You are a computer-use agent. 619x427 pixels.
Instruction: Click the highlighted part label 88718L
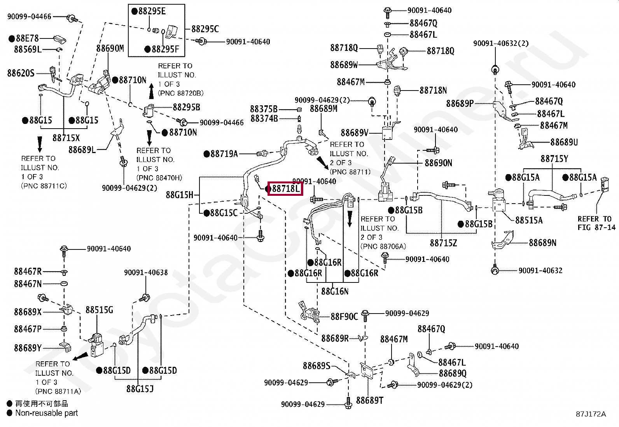point(286,189)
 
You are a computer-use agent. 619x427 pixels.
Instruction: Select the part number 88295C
point(205,29)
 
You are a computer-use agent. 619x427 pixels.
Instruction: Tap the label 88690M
point(110,49)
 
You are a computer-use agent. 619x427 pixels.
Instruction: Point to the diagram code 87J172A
point(591,414)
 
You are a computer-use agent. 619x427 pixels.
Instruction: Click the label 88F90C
point(344,317)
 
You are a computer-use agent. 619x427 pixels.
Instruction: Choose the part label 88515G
point(99,310)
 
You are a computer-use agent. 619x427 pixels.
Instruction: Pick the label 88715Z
point(444,243)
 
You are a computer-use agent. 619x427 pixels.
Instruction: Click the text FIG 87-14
point(596,228)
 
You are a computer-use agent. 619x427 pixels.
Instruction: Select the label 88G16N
point(335,291)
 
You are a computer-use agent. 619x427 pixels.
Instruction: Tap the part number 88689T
point(370,401)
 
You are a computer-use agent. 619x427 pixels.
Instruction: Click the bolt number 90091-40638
point(146,273)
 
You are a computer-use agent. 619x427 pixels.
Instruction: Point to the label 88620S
point(21,73)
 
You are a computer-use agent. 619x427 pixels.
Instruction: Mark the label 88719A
point(224,154)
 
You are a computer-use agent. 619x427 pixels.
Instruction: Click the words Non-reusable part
point(46,413)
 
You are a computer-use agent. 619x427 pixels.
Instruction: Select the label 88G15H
point(180,195)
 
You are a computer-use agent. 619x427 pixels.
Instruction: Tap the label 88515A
point(529,220)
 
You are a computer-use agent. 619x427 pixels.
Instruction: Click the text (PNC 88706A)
point(383,246)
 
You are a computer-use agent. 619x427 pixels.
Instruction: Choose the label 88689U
point(564,142)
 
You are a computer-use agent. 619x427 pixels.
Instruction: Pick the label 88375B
point(264,109)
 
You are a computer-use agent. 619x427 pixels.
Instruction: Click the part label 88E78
point(27,38)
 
